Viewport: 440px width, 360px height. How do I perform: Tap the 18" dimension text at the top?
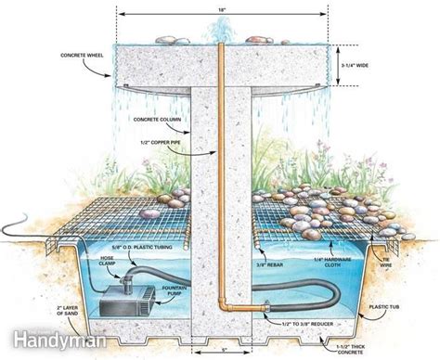[x=221, y=8]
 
